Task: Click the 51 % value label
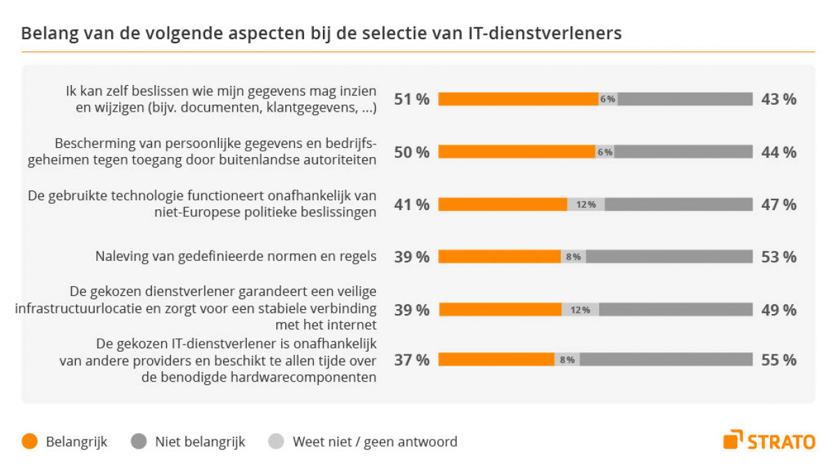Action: pos(412,99)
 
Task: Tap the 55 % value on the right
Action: pos(778,360)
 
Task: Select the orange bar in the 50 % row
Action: pos(516,152)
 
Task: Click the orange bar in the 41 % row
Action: pos(502,204)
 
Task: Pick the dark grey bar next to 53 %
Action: pos(669,257)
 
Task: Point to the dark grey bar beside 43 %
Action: pos(685,99)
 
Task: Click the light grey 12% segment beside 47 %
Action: pos(586,204)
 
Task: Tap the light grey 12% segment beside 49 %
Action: pos(580,310)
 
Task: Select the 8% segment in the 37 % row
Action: pos(566,360)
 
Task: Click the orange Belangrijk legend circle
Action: pos(29,442)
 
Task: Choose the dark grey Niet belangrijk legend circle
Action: pos(139,442)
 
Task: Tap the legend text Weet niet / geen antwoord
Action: pos(375,442)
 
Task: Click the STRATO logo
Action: pos(769,440)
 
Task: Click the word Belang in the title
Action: pos(45,33)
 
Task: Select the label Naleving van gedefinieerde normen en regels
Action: pos(236,257)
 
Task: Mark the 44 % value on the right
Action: pos(778,152)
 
